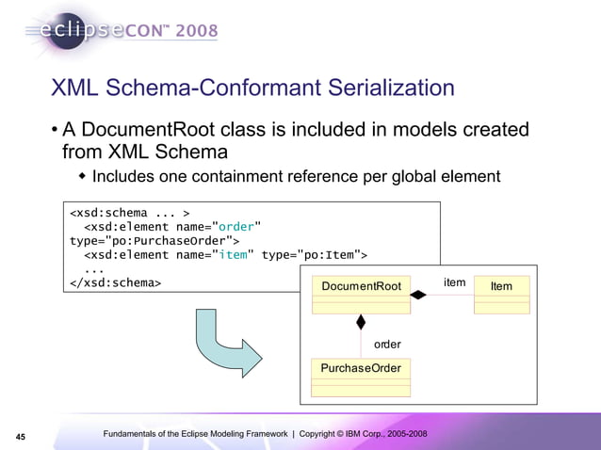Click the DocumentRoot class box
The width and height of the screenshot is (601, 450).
click(x=361, y=294)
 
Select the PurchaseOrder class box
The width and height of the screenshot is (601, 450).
click(x=361, y=375)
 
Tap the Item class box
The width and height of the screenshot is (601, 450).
click(x=501, y=294)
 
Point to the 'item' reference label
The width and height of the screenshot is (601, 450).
click(x=455, y=281)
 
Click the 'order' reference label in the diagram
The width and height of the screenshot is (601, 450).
click(x=387, y=345)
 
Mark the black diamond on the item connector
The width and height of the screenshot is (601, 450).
click(x=418, y=295)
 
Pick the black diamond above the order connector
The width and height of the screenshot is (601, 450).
click(x=360, y=322)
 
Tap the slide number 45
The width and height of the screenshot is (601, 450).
click(x=20, y=435)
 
